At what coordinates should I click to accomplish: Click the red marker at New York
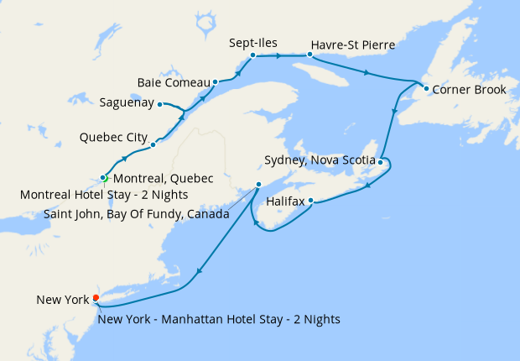(96, 297)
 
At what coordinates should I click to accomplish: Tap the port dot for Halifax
(310, 201)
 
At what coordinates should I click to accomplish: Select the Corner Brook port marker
(426, 88)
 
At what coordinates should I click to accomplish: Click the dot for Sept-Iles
(252, 55)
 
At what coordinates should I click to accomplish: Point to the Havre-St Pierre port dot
(309, 55)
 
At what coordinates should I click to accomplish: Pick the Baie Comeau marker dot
(216, 82)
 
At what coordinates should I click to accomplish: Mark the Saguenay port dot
(159, 104)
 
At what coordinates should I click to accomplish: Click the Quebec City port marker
(153, 144)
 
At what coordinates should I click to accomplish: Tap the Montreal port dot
(103, 177)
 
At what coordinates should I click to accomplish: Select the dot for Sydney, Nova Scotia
(380, 161)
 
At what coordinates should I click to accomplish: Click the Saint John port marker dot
(258, 184)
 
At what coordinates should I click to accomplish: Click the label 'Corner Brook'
(470, 89)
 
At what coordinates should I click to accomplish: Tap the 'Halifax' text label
(285, 201)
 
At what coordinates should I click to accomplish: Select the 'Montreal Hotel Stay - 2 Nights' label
(103, 195)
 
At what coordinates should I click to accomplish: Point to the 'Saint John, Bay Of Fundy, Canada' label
(136, 213)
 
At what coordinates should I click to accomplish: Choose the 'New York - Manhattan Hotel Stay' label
(219, 318)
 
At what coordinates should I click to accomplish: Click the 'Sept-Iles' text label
(252, 41)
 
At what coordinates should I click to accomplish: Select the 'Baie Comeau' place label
(174, 82)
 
